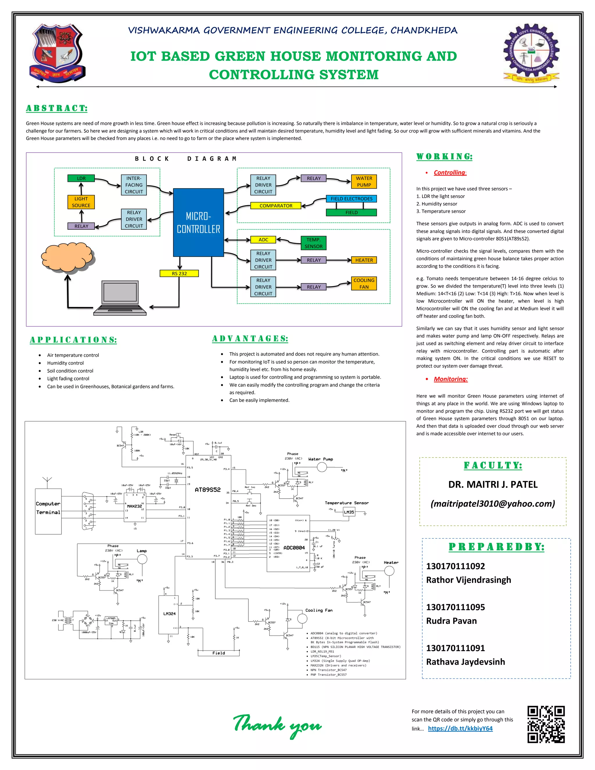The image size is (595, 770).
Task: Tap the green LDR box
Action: click(81, 178)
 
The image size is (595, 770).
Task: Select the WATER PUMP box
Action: click(364, 182)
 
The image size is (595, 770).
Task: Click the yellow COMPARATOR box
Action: click(276, 205)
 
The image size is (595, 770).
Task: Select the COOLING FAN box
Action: click(364, 284)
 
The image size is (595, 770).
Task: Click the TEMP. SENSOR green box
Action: click(313, 243)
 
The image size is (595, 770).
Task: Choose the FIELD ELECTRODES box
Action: click(352, 199)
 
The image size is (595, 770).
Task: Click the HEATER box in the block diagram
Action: click(364, 260)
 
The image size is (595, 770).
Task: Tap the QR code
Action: click(546, 724)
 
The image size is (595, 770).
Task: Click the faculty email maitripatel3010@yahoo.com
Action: click(492, 504)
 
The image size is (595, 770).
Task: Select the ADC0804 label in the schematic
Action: click(294, 547)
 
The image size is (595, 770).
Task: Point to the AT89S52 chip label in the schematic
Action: click(208, 490)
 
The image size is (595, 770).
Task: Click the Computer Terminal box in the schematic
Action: click(48, 508)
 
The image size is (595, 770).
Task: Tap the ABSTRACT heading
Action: click(57, 108)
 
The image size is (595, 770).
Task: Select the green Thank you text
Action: click(277, 725)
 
